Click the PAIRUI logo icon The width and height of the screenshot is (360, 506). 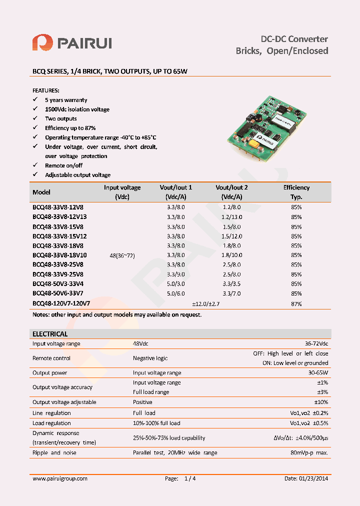(x=42, y=42)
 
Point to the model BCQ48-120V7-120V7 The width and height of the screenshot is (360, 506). (x=61, y=303)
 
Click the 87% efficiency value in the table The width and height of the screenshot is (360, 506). (x=296, y=303)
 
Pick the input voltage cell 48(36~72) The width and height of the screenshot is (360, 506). (x=122, y=255)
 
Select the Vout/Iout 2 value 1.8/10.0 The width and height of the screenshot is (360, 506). (x=231, y=255)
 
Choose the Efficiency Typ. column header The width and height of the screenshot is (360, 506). (x=296, y=192)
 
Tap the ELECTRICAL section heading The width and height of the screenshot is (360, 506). (x=50, y=334)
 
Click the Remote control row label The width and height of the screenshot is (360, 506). (x=51, y=358)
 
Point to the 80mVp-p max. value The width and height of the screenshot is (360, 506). (x=309, y=452)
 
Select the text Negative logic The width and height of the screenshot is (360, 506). (x=150, y=358)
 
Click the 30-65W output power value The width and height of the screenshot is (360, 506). (x=318, y=372)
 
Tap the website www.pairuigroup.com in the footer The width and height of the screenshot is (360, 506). (x=60, y=478)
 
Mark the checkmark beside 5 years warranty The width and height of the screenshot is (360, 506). (x=35, y=100)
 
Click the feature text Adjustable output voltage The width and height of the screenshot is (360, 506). (x=77, y=175)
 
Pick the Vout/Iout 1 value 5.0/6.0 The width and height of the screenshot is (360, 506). (x=175, y=293)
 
